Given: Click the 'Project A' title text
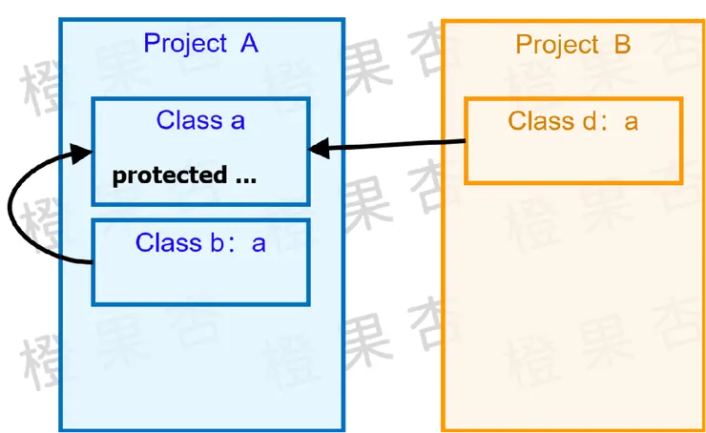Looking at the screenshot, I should click(200, 43).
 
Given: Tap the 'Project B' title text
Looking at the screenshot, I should click(572, 45).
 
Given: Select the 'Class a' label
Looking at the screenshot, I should click(200, 120).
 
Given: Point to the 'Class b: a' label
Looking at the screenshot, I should click(200, 242).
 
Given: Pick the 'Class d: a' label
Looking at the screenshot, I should click(572, 121).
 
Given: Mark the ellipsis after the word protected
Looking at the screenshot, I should click(245, 177).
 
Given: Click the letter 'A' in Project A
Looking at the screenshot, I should click(249, 43).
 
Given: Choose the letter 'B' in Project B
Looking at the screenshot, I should click(622, 45).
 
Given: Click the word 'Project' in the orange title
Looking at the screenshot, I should click(557, 45).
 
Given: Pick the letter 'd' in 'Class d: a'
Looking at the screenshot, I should click(591, 121).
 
